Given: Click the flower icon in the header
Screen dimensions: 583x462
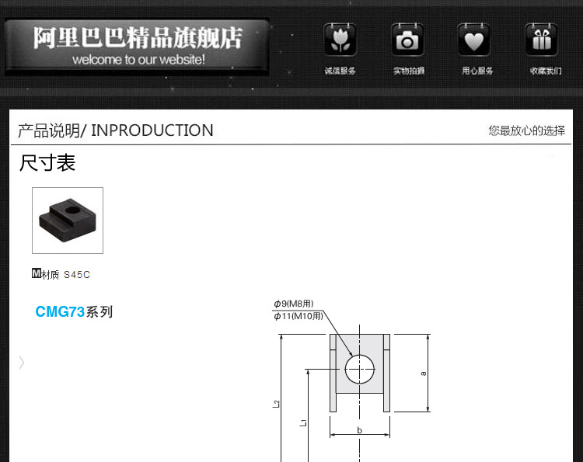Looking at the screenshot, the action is (x=340, y=40).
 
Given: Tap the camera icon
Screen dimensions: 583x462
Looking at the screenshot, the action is (x=407, y=40).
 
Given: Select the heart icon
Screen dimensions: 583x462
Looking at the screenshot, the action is (x=473, y=40).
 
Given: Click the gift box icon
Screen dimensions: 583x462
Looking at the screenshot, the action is (x=541, y=40).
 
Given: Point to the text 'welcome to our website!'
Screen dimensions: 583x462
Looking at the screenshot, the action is (x=138, y=60).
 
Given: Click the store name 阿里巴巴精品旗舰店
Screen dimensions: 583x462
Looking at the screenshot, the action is (x=138, y=37).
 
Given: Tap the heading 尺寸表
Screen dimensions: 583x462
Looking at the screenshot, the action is (x=47, y=164).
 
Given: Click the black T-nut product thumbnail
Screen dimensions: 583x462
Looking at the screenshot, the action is (x=67, y=221).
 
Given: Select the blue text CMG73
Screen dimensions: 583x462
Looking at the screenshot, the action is (x=60, y=312).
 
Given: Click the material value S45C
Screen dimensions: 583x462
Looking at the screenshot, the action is (x=77, y=275).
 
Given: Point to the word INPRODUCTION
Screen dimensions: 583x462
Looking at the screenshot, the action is (x=152, y=130).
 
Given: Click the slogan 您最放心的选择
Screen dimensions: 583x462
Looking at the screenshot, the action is (x=526, y=130).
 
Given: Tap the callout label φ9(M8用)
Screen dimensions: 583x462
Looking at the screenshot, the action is (x=293, y=304).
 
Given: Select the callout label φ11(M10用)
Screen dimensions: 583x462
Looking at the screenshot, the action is (x=298, y=316).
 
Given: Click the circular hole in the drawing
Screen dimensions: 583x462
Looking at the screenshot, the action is (x=360, y=369).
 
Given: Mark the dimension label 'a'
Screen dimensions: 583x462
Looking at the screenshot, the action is (x=423, y=373).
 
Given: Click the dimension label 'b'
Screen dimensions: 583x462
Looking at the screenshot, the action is (x=359, y=429).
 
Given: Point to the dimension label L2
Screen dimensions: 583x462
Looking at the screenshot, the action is (x=276, y=404).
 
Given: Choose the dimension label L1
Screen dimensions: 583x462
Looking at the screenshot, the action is (x=303, y=423).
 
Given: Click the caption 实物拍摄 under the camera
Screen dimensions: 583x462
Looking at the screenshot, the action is (x=408, y=71).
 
